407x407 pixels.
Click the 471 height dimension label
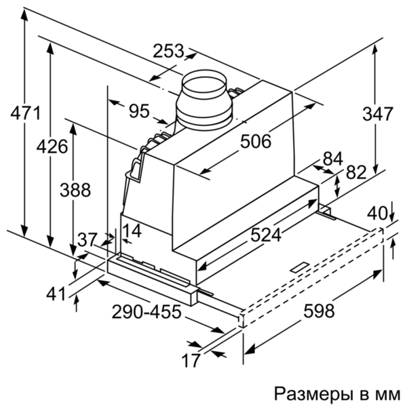[x=26, y=113]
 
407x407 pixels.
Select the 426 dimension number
[x=52, y=147]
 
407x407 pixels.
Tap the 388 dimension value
[x=75, y=190]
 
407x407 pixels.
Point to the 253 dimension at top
[x=168, y=51]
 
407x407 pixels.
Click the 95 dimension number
[x=139, y=111]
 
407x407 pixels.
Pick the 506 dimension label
[x=256, y=142]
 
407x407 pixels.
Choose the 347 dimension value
[x=378, y=114]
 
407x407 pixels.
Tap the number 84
[x=333, y=159]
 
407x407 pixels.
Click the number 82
[x=356, y=172]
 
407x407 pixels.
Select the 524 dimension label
[x=266, y=235]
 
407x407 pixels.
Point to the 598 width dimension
[x=319, y=311]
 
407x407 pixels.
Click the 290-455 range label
[x=146, y=311]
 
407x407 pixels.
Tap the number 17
[x=191, y=360]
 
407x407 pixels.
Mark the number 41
[x=56, y=294]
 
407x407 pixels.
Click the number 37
[x=88, y=239]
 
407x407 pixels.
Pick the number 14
[x=132, y=231]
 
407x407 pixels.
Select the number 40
[x=377, y=214]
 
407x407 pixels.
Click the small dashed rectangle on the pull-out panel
[x=300, y=267]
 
